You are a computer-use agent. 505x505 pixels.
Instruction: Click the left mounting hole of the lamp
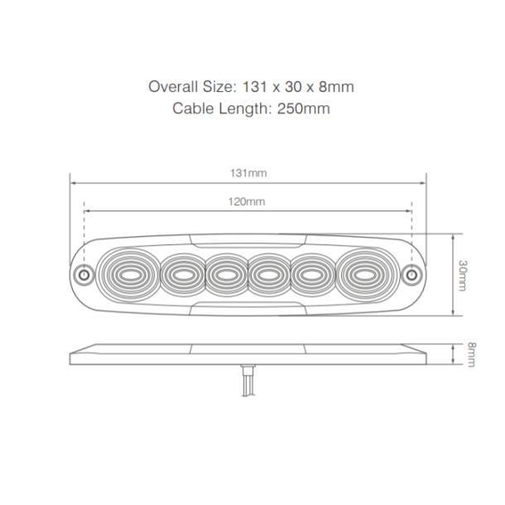pos(82,273)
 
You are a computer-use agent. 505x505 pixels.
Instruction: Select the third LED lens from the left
pos(225,272)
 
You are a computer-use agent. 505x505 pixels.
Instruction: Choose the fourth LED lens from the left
pos(269,272)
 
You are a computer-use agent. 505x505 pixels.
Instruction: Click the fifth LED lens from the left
pos(313,272)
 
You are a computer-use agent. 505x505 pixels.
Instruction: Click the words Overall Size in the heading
pos(190,86)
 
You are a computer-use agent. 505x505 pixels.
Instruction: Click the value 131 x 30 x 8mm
pos(297,86)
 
